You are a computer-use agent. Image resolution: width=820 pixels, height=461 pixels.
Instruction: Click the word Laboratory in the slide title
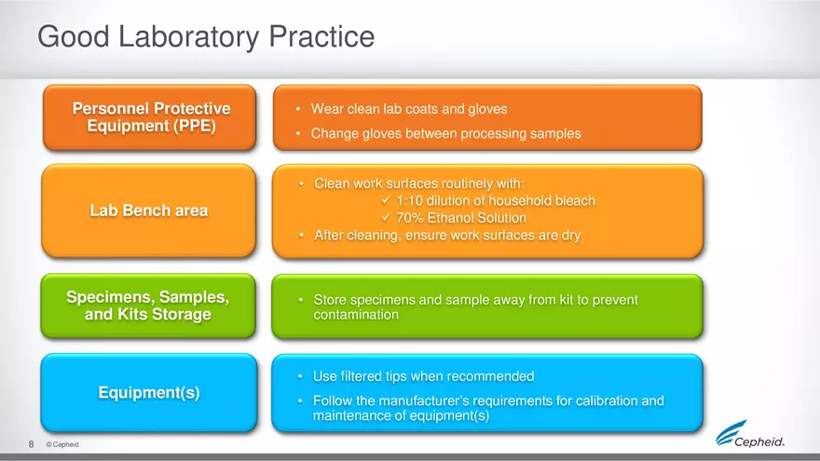[189, 37]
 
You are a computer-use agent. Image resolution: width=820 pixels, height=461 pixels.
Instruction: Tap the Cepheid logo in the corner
[750, 434]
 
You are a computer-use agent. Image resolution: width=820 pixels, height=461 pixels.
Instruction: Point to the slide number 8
[32, 444]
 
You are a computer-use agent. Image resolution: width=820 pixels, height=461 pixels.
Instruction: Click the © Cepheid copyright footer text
[62, 444]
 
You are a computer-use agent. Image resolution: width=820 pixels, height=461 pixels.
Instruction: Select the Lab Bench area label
[149, 210]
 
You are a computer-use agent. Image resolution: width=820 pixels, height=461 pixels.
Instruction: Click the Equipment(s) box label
[149, 392]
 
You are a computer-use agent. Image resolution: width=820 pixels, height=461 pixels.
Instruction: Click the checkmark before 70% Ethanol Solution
[387, 217]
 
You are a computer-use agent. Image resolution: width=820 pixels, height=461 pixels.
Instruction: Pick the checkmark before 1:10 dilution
[387, 199]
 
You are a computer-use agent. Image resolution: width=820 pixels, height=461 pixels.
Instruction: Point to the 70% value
[409, 218]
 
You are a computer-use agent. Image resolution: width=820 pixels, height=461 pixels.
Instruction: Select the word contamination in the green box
[356, 315]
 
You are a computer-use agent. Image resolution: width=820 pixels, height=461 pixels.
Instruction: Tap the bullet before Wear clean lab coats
[298, 109]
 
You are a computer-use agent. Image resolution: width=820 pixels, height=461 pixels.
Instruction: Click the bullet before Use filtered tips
[300, 376]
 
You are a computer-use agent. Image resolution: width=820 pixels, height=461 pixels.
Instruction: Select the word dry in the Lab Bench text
[571, 236]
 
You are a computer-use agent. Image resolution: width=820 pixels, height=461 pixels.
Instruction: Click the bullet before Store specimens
[301, 300]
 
